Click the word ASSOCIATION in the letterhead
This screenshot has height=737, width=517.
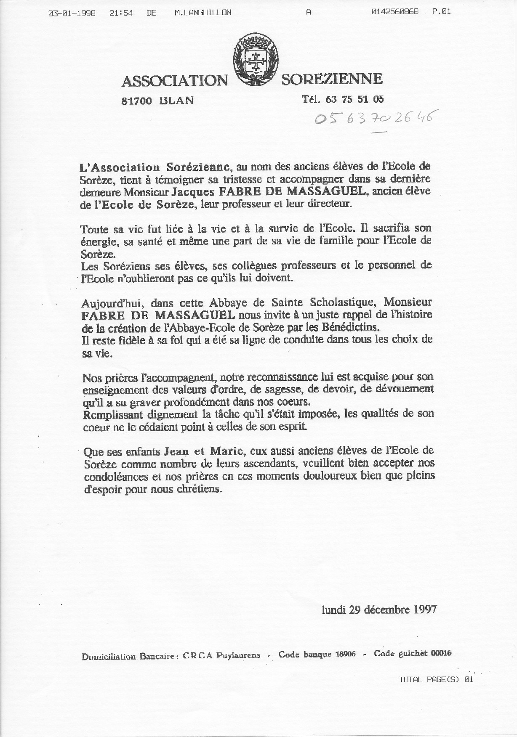[x=174, y=81]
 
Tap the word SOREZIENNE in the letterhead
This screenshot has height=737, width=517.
[x=332, y=79]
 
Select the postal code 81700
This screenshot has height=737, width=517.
[x=136, y=101]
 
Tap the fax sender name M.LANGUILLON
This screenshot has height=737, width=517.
[x=203, y=13]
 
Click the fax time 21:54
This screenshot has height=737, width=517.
[x=121, y=13]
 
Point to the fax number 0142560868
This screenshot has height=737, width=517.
[x=395, y=12]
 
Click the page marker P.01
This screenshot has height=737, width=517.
[x=441, y=12]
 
